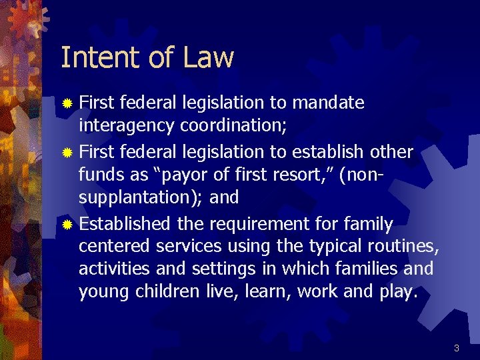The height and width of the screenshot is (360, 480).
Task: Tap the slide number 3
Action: pyautogui.click(x=457, y=348)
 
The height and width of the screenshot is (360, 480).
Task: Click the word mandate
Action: pyautogui.click(x=329, y=103)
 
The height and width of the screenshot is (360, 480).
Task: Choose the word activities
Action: pyautogui.click(x=111, y=269)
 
